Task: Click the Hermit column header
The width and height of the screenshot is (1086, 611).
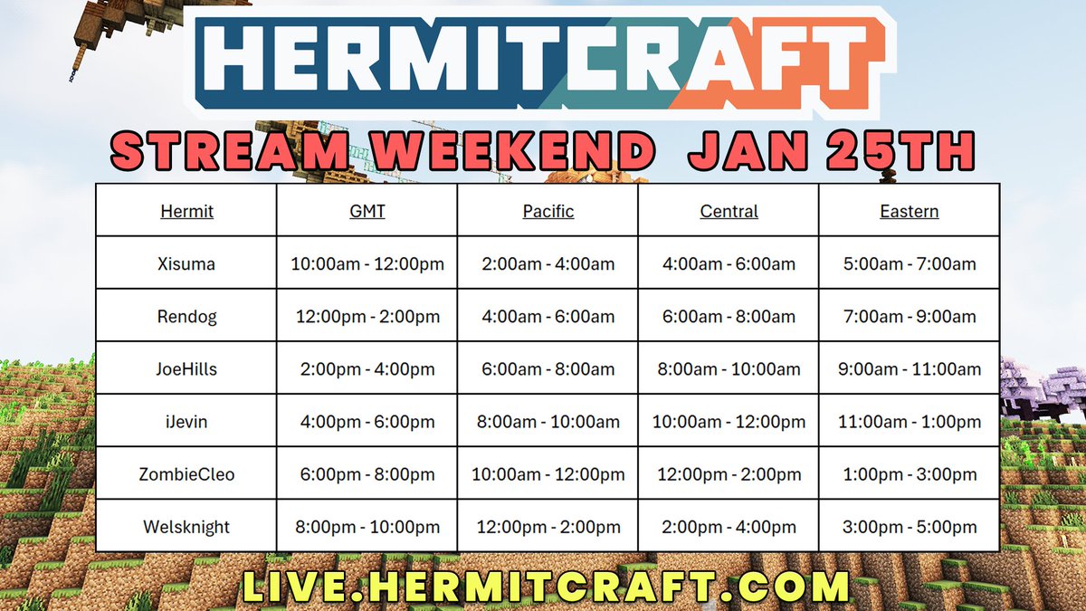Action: click(186, 212)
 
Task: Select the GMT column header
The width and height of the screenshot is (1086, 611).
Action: click(367, 212)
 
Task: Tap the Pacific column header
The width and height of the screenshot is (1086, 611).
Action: click(548, 212)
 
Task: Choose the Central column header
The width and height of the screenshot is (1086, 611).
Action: click(729, 212)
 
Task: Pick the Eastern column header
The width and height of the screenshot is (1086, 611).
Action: click(909, 212)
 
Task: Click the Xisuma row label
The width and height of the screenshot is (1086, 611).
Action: click(186, 264)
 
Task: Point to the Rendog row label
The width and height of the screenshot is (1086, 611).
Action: click(186, 317)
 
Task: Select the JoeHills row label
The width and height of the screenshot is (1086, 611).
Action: click(186, 369)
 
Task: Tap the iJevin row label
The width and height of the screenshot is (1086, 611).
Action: click(186, 422)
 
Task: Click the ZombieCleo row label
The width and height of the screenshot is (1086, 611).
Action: click(186, 474)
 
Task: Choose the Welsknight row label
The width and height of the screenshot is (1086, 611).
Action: click(186, 527)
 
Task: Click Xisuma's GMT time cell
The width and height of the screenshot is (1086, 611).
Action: click(367, 264)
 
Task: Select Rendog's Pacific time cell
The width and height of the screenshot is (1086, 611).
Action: click(548, 317)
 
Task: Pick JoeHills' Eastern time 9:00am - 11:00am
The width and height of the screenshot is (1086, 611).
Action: click(909, 369)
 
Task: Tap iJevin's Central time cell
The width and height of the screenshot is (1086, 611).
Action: click(729, 422)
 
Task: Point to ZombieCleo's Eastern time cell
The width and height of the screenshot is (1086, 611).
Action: click(909, 474)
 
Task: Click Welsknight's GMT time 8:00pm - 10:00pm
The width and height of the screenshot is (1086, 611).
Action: click(367, 527)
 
